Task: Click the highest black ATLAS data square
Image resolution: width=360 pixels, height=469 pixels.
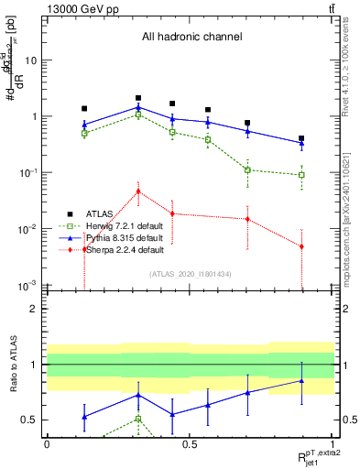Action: point(138,97)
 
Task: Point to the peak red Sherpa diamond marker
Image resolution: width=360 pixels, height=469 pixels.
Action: point(138,191)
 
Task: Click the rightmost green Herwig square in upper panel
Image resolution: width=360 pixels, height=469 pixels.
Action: point(301,175)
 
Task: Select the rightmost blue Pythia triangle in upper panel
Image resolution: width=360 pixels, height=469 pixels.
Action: point(301,143)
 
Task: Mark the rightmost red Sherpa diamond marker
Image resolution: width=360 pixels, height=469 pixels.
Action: point(301,246)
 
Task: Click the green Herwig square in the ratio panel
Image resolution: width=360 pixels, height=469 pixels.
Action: point(138,419)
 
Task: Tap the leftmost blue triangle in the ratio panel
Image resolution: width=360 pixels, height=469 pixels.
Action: point(84,417)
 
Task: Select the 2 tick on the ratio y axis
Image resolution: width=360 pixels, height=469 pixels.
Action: point(36,309)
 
